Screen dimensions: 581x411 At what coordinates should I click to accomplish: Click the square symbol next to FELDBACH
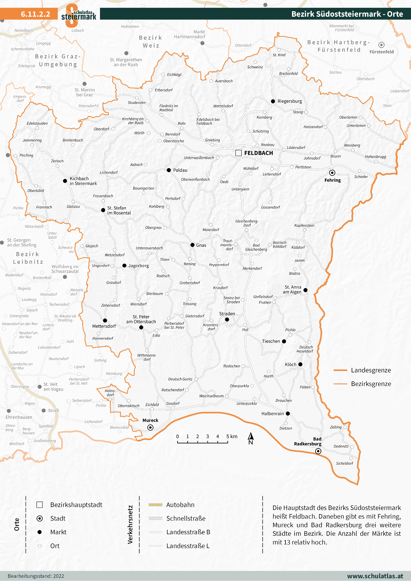[x=238, y=153]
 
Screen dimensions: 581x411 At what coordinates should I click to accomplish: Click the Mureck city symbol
[x=150, y=428]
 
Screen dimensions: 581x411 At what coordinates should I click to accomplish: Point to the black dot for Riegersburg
[x=273, y=101]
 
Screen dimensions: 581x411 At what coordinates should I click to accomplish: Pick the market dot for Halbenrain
[x=288, y=413]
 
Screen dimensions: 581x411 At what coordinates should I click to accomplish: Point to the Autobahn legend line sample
[x=155, y=505]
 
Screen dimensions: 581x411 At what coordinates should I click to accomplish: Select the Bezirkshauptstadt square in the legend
[x=39, y=505]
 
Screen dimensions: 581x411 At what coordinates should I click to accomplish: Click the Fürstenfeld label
[x=381, y=52]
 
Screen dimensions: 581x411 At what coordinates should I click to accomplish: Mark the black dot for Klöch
[x=300, y=364]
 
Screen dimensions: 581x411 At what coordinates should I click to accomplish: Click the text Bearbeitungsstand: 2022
[x=36, y=576]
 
